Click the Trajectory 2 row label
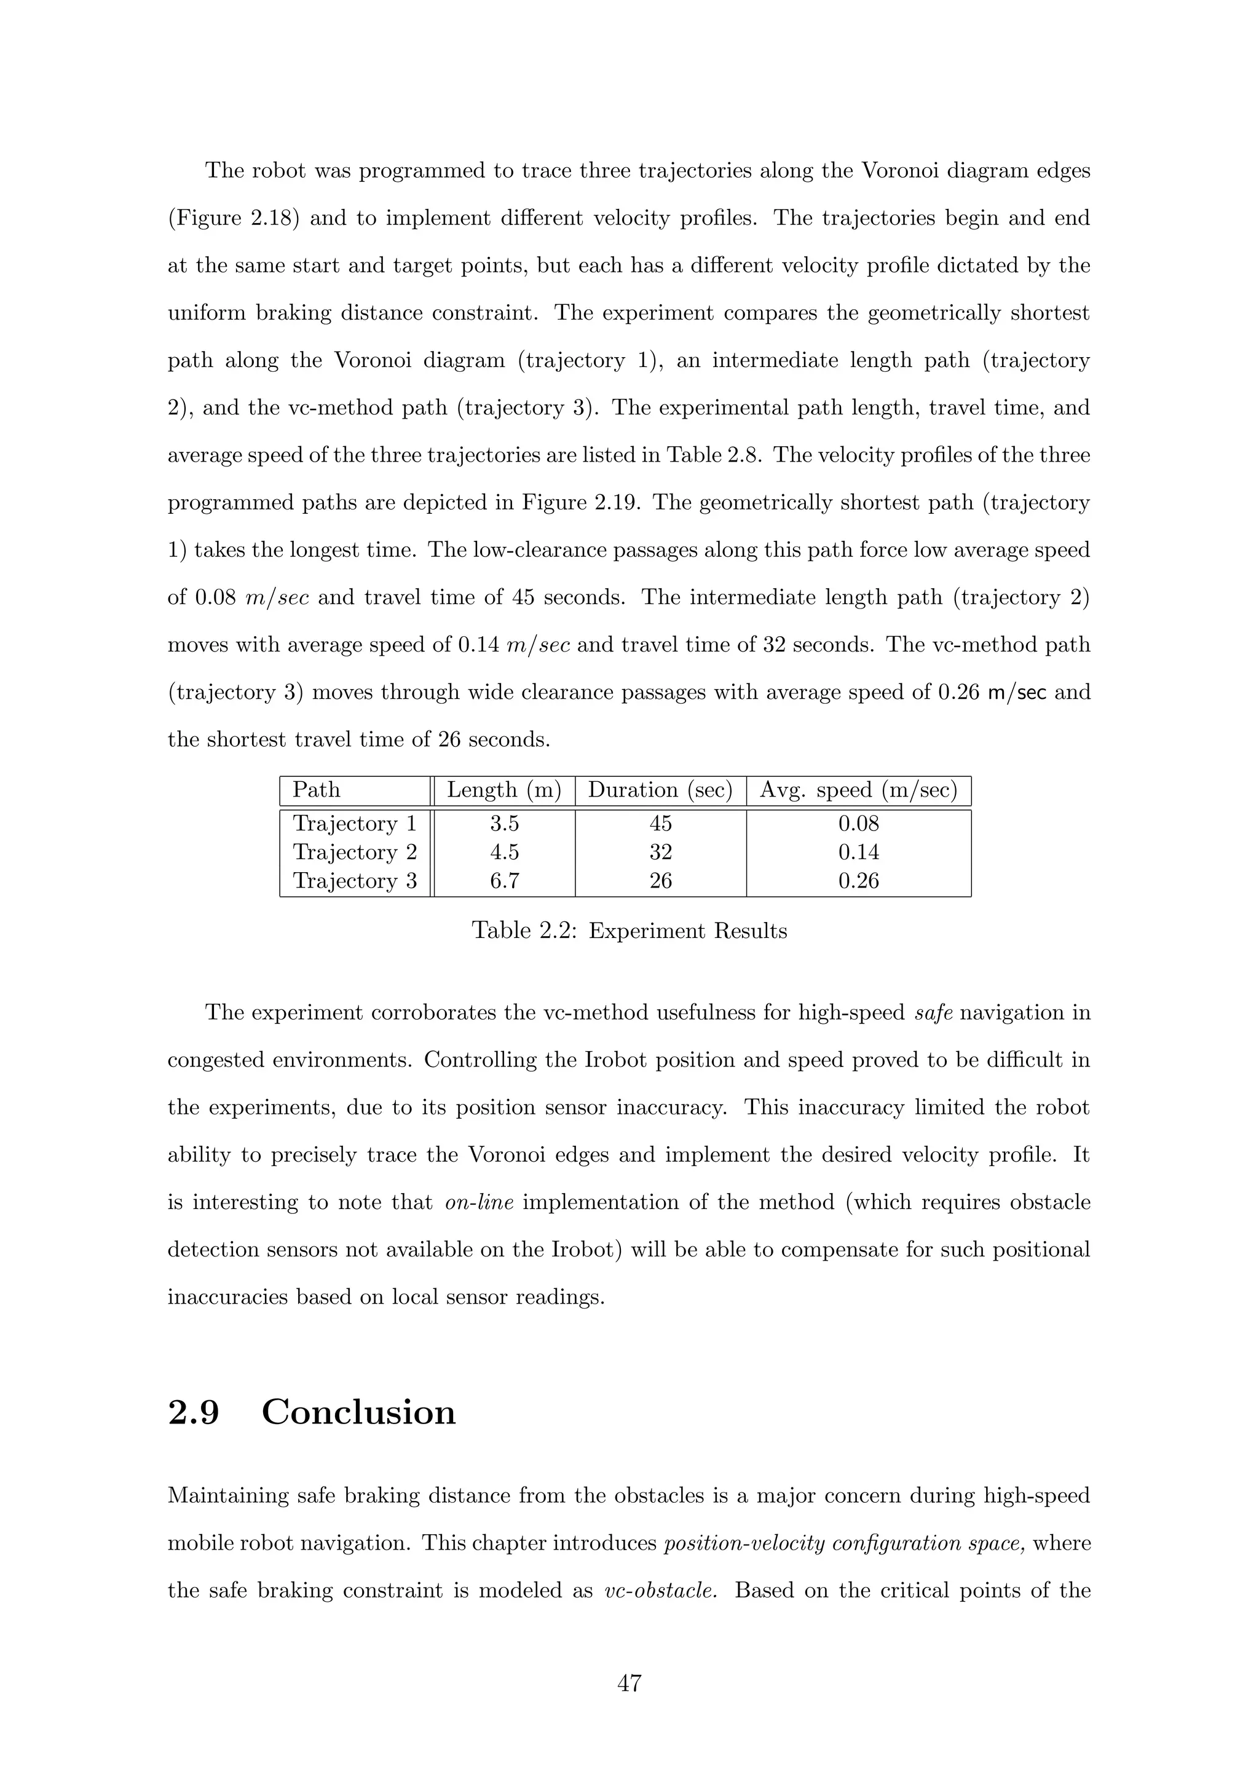coord(354,852)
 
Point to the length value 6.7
coord(504,881)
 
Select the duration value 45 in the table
coord(660,824)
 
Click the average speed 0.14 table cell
coord(858,852)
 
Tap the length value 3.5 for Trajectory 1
coord(504,824)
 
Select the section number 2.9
coord(194,1412)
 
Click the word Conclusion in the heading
coord(358,1412)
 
